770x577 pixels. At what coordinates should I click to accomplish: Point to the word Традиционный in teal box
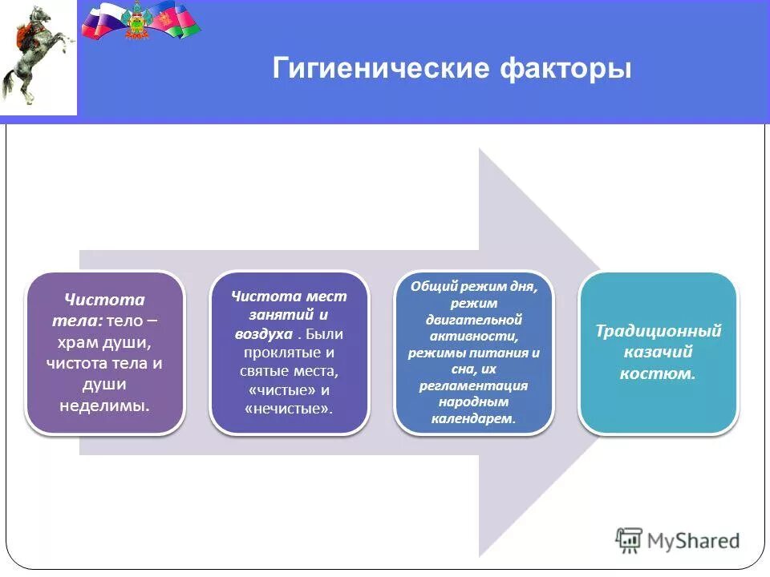[659, 331]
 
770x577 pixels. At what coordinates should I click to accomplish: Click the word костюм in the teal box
[655, 373]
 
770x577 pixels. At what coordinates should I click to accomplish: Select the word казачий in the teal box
[658, 352]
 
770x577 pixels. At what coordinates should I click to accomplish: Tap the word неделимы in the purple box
[104, 405]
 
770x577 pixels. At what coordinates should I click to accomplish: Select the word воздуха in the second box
[260, 333]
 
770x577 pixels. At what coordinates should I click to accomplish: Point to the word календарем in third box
[473, 418]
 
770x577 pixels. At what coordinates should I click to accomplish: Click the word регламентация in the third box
[473, 385]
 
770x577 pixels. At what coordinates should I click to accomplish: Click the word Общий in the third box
[432, 286]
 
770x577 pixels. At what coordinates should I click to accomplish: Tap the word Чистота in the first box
[104, 300]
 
